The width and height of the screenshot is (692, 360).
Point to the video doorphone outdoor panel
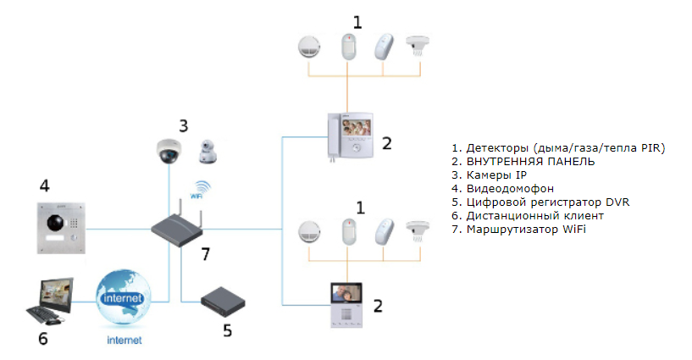[62, 228]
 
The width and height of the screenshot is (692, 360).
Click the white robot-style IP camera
[208, 151]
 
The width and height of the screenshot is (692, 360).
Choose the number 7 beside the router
[204, 253]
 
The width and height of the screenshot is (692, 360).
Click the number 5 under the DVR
[227, 330]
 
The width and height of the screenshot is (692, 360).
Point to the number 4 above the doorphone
[45, 185]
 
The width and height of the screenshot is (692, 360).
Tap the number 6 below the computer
[42, 340]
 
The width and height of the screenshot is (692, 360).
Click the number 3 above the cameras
[182, 125]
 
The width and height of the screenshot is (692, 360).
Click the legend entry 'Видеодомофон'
[501, 188]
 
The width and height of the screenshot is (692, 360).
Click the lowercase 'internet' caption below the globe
[124, 341]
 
